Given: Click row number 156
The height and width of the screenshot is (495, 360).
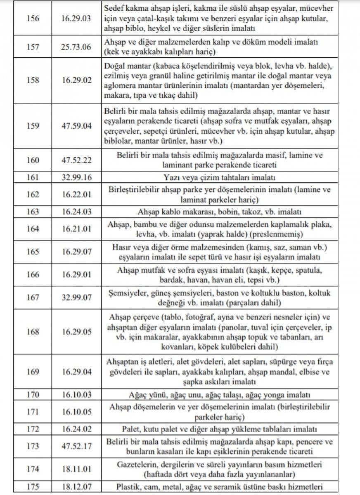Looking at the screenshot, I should tap(33, 18).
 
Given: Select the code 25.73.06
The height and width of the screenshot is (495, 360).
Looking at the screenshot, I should tap(77, 47).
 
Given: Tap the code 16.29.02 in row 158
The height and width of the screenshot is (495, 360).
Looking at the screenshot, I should tap(77, 81).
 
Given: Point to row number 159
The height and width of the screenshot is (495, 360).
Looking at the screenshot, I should tap(33, 126).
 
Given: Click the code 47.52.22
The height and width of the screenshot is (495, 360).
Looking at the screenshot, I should tap(77, 160).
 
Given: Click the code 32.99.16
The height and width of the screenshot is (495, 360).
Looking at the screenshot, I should tap(77, 178).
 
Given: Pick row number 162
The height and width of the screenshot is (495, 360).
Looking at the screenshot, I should tap(33, 195).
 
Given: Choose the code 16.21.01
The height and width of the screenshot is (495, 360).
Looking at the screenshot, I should tap(77, 229).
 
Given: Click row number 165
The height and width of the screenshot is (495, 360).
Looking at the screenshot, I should tap(33, 252).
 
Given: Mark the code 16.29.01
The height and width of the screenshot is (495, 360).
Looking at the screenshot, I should tap(77, 275).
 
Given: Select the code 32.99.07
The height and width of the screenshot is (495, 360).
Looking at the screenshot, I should tap(77, 298).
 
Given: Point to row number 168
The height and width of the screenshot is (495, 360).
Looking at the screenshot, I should tap(33, 332).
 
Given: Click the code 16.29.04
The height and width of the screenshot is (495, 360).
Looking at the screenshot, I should tap(77, 371).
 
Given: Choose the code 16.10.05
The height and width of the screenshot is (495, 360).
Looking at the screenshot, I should tap(77, 412).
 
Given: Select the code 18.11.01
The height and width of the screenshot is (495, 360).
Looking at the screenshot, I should tap(77, 469).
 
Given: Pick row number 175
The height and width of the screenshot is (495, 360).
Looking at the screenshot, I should tap(33, 486).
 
